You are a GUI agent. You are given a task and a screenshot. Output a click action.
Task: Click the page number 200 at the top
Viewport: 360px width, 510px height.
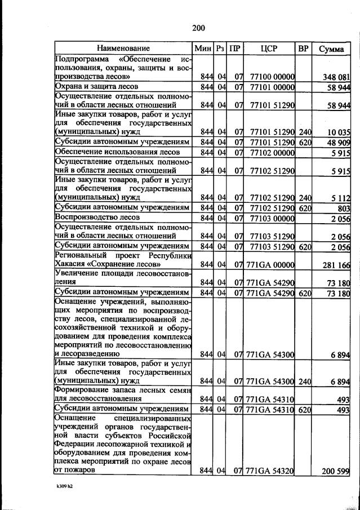(x=198, y=28)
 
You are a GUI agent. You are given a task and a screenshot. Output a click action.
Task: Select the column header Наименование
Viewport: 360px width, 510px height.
(x=123, y=48)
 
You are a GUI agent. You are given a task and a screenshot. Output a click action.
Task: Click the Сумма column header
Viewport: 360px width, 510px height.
(x=331, y=48)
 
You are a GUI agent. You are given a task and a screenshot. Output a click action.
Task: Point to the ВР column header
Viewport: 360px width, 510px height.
(x=304, y=48)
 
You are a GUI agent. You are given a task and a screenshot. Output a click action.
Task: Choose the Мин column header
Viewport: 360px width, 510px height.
(x=202, y=48)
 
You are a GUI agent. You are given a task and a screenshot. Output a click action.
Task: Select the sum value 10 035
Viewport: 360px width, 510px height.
(x=340, y=132)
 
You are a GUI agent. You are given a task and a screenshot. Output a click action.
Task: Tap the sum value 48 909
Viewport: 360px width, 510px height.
(x=340, y=143)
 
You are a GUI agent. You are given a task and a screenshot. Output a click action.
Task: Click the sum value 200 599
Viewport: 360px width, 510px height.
(x=337, y=471)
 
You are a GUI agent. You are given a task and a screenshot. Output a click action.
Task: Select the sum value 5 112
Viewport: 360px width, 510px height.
(x=342, y=197)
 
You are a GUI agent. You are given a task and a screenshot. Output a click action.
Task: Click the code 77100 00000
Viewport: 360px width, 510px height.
(x=272, y=77)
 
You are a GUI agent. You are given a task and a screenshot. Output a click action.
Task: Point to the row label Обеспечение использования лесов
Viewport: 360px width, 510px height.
(x=117, y=152)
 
